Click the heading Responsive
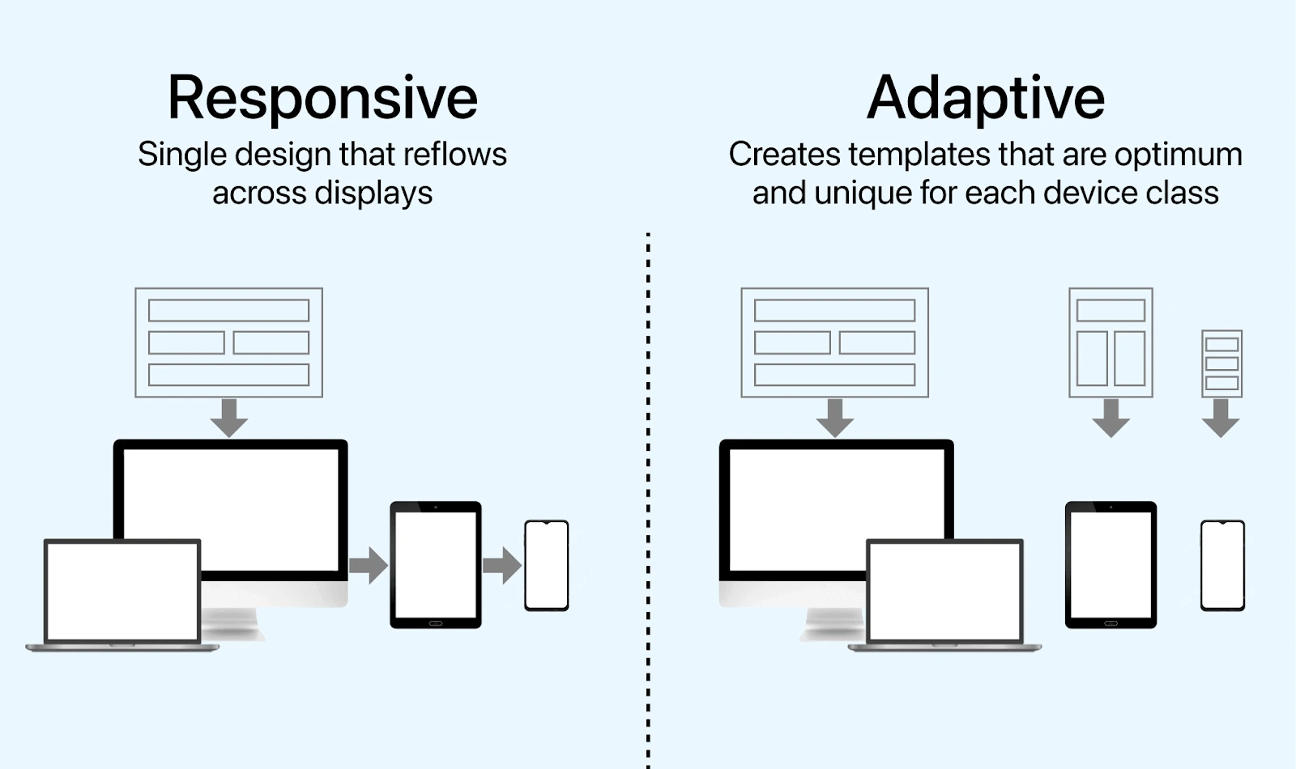322,98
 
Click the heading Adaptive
985,98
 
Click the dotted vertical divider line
648,486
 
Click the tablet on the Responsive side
436,564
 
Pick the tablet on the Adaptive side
1111,564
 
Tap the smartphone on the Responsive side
547,565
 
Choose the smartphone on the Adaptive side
1222,565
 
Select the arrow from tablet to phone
502,565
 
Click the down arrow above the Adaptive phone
1221,418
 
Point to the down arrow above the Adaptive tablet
1111,418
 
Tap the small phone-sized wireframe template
1221,363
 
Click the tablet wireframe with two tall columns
1111,342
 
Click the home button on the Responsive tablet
436,622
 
